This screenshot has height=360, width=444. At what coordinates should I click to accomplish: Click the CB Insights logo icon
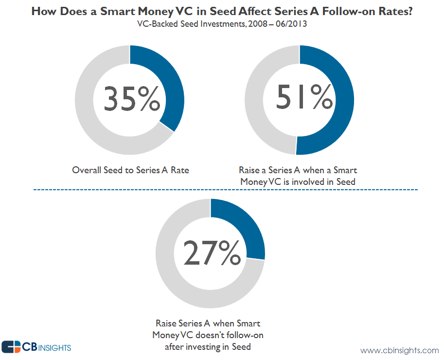point(11,347)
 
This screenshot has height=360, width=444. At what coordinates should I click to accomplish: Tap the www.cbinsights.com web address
point(399,350)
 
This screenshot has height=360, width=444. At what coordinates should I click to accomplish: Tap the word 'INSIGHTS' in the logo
point(54,347)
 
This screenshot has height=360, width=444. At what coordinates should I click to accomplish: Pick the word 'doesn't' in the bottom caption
point(214,335)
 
